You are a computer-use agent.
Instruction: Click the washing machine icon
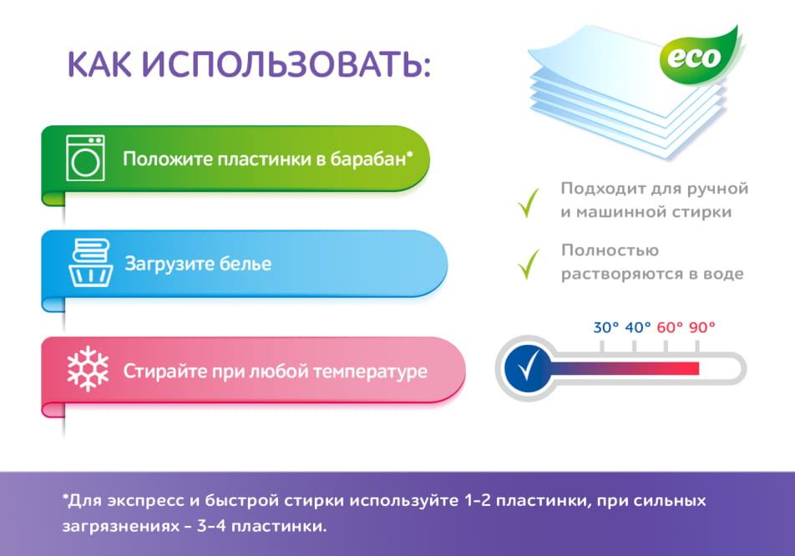click(x=84, y=158)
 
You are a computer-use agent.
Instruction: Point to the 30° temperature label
click(x=606, y=327)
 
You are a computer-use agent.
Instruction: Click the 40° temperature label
click(x=638, y=327)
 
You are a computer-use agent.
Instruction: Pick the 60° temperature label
click(x=670, y=327)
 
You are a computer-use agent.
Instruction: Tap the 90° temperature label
click(x=702, y=327)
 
